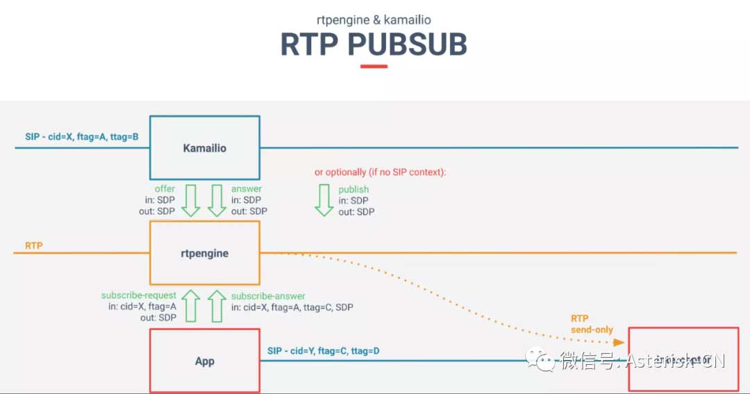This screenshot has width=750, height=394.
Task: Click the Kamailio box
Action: click(x=205, y=148)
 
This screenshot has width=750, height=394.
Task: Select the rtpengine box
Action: click(x=205, y=253)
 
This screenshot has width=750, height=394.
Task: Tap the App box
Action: click(x=205, y=360)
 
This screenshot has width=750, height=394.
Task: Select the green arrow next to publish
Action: click(x=324, y=200)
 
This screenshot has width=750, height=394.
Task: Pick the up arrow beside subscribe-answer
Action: click(x=217, y=306)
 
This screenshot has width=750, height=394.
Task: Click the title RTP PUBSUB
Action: click(x=374, y=44)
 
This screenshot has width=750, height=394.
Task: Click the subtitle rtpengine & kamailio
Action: click(x=374, y=19)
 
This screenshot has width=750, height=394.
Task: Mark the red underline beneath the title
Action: click(x=374, y=67)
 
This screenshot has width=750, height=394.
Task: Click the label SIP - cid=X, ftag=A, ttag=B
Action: click(x=82, y=137)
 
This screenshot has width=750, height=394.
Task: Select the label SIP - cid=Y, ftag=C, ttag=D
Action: click(x=324, y=351)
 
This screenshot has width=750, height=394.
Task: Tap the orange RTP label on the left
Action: click(x=34, y=245)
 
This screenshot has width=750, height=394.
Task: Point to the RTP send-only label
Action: click(x=592, y=324)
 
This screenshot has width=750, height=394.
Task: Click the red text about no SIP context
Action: click(x=380, y=172)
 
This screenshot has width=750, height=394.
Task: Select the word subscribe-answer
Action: click(x=268, y=296)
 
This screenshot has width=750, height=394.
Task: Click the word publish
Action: click(x=353, y=189)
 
